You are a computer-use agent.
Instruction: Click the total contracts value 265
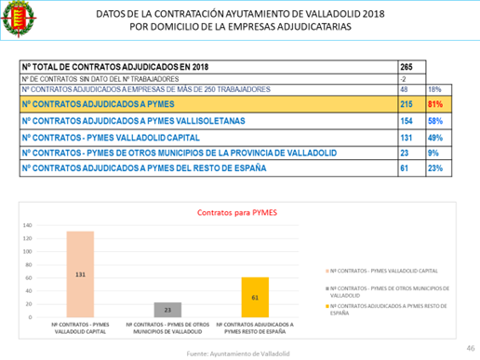407,68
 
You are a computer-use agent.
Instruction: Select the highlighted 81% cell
434,105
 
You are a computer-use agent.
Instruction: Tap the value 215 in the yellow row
407,105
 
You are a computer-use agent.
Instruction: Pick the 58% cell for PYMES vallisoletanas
433,121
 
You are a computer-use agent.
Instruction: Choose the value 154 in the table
407,121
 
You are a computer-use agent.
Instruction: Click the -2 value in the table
404,79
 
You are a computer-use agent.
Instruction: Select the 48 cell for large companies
405,89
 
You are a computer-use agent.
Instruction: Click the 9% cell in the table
433,151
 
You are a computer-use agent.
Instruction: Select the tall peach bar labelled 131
80,274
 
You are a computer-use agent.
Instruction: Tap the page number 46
470,343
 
